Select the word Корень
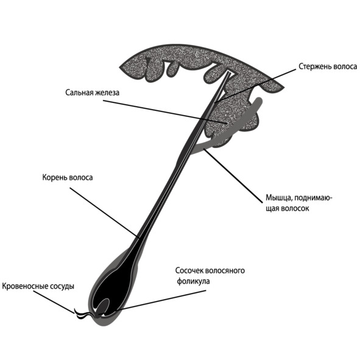54,177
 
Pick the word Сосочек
189,270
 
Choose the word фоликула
193,281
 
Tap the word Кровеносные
25,286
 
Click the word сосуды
62,286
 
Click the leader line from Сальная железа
165,112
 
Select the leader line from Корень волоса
104,212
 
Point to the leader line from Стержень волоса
255,85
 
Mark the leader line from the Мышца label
233,175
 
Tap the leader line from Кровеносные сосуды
54,302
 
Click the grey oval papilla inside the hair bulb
103,306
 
